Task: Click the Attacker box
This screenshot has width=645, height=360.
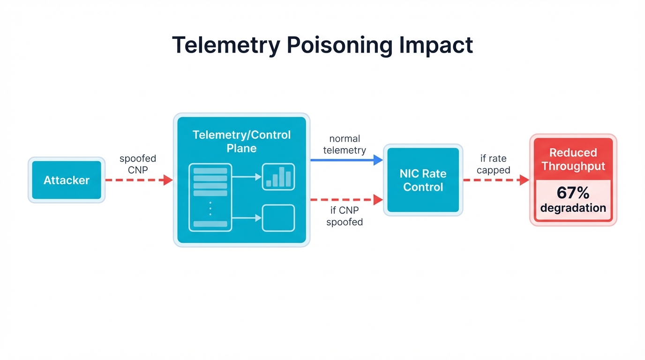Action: coord(67,180)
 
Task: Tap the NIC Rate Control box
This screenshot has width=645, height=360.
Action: coord(423,180)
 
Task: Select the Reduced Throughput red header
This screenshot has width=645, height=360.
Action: coord(573,159)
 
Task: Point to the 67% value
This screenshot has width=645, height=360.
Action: coord(573,193)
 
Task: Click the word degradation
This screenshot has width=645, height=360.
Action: coord(573,208)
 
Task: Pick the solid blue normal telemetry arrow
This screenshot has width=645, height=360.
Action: coord(346,160)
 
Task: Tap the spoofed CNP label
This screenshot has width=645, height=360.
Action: coord(138,164)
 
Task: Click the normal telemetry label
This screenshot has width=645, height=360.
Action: coord(345,144)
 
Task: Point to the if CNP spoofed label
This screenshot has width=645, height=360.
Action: coord(345,216)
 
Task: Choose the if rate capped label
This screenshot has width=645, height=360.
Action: coord(493,164)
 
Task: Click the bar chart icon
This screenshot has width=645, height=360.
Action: coord(278,177)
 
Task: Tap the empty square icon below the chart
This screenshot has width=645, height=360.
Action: coord(278,218)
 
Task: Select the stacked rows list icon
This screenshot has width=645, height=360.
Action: coord(210,197)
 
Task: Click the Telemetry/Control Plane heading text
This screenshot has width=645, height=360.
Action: coord(241,142)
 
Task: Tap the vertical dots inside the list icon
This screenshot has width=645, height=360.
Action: coord(210,209)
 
